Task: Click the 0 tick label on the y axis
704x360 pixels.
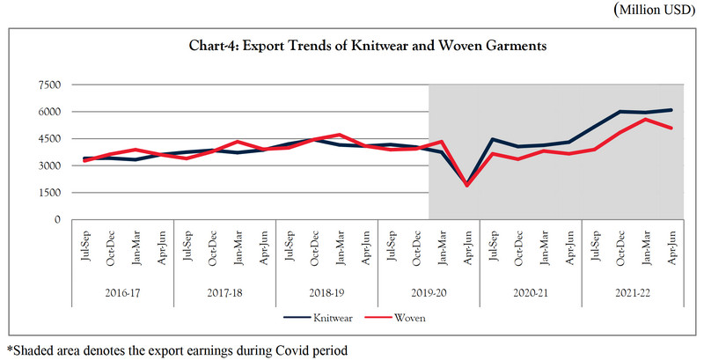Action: [55, 219]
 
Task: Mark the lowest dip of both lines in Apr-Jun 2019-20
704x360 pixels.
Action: [467, 185]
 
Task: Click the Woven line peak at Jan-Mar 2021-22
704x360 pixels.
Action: [646, 119]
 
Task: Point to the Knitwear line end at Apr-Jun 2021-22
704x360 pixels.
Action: [671, 110]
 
